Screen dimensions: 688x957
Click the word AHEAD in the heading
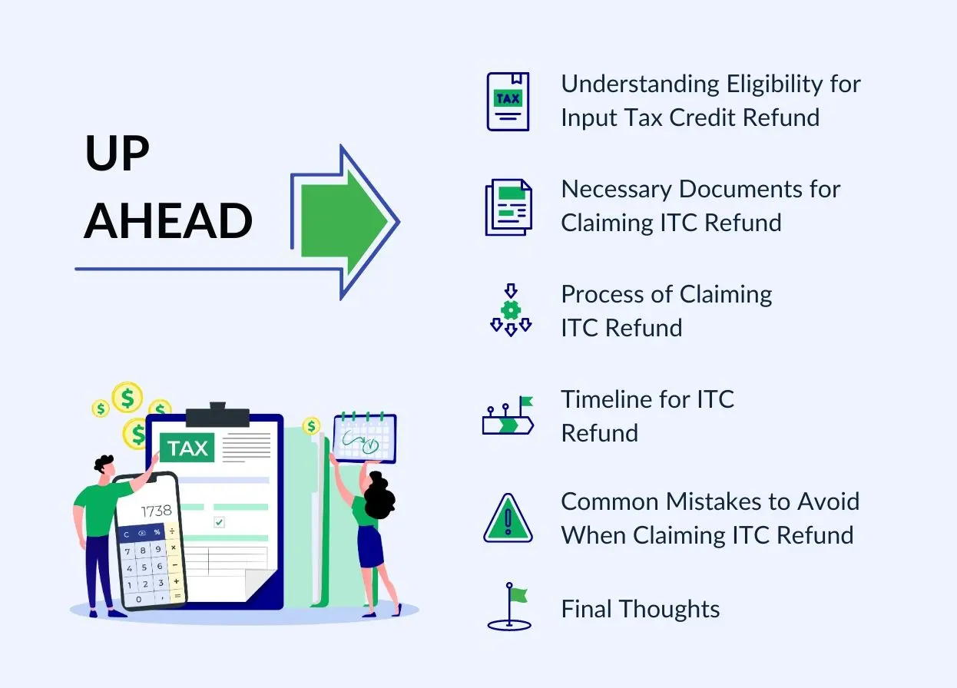pyautogui.click(x=168, y=221)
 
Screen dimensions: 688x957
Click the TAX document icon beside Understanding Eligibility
pyautogui.click(x=508, y=101)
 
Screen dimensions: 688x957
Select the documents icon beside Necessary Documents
pyautogui.click(x=508, y=207)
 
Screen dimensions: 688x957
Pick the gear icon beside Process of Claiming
pyautogui.click(x=511, y=310)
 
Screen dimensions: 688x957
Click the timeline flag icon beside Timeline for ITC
pyautogui.click(x=508, y=417)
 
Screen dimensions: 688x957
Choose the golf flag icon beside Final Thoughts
pyautogui.click(x=509, y=607)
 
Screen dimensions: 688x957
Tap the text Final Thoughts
pyautogui.click(x=641, y=610)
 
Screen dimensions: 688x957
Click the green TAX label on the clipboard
pyautogui.click(x=188, y=448)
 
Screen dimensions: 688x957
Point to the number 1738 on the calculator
pyautogui.click(x=156, y=511)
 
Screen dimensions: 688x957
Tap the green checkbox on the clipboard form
pyautogui.click(x=219, y=522)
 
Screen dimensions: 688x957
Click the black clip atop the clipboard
pyautogui.click(x=217, y=415)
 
